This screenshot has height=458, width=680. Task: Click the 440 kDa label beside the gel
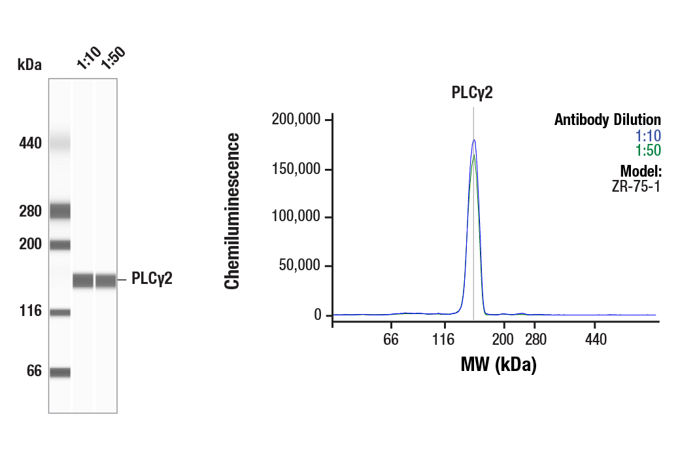[30, 143]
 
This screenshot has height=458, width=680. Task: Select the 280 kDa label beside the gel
[30, 211]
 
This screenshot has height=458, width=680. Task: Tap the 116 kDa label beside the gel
[30, 311]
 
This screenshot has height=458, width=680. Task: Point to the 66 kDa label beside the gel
[33, 372]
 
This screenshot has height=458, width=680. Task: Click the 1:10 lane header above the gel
[87, 59]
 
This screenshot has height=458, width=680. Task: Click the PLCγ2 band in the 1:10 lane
[83, 280]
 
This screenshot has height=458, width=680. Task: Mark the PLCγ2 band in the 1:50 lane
[106, 280]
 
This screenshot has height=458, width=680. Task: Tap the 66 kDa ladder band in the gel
[60, 372]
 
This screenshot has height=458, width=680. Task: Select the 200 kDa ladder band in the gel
[60, 245]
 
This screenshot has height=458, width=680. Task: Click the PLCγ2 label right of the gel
[152, 279]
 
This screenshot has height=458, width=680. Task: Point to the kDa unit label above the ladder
[29, 64]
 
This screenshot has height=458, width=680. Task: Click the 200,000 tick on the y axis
[297, 120]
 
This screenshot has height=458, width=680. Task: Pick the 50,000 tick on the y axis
[300, 266]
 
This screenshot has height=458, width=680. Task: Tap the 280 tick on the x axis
[534, 340]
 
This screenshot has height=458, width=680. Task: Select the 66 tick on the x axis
[391, 340]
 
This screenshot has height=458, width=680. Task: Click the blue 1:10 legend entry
[648, 136]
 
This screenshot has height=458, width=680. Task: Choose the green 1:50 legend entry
[648, 150]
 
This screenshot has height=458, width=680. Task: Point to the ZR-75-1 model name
[637, 186]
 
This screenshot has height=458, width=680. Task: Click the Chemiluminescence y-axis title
[232, 210]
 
